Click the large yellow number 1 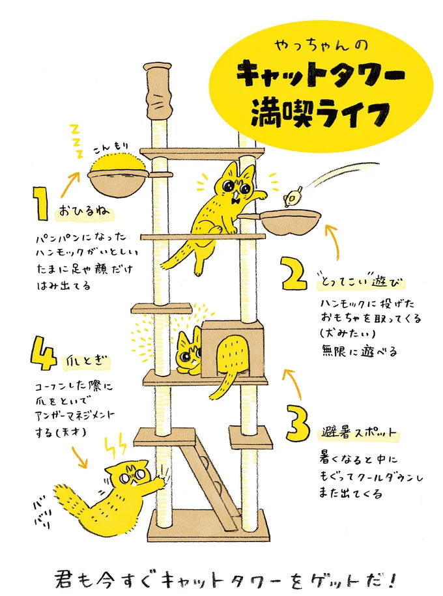(x=40, y=203)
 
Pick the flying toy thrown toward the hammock (x=294, y=193)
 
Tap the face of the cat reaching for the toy (x=234, y=188)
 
